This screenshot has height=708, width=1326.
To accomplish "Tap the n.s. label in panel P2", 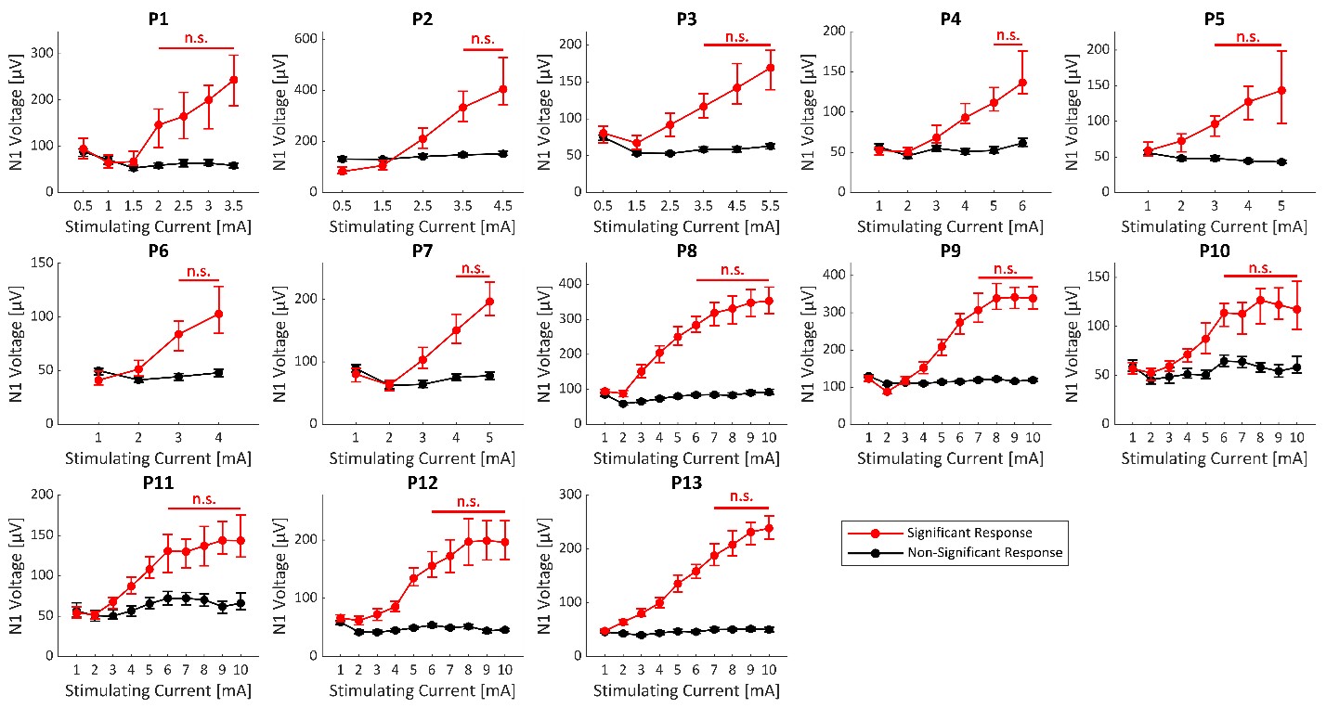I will pyautogui.click(x=484, y=39).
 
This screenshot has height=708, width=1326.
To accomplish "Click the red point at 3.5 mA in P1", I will pyautogui.click(x=234, y=80).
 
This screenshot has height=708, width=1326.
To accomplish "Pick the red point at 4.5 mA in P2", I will pyautogui.click(x=502, y=89).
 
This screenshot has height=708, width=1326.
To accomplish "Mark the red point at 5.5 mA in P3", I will pyautogui.click(x=770, y=68).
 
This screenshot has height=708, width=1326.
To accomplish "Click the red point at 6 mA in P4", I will pyautogui.click(x=1022, y=83).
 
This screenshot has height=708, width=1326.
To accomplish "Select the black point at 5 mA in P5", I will pyautogui.click(x=1281, y=161).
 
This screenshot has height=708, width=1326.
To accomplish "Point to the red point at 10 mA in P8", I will pyautogui.click(x=769, y=300).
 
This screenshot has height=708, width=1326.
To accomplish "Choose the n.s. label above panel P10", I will pyautogui.click(x=1260, y=267).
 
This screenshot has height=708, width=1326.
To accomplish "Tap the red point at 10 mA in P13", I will pyautogui.click(x=769, y=528).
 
